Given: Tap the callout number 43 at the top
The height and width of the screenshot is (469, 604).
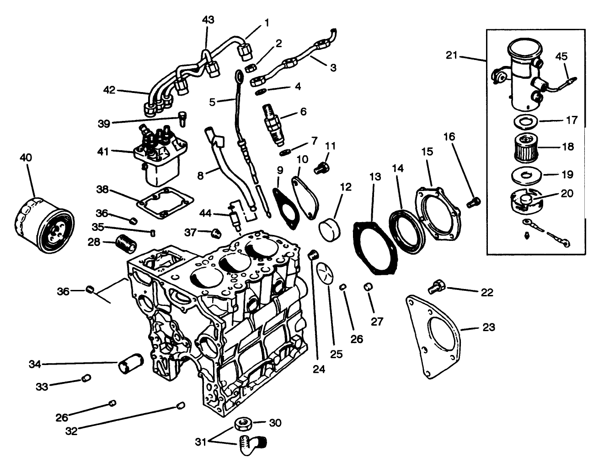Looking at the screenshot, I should [x=208, y=20].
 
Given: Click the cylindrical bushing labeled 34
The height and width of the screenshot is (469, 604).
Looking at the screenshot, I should [x=132, y=365].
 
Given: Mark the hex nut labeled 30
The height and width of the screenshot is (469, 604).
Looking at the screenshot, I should [x=241, y=424].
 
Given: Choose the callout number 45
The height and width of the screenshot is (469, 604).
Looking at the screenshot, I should [x=561, y=56].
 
